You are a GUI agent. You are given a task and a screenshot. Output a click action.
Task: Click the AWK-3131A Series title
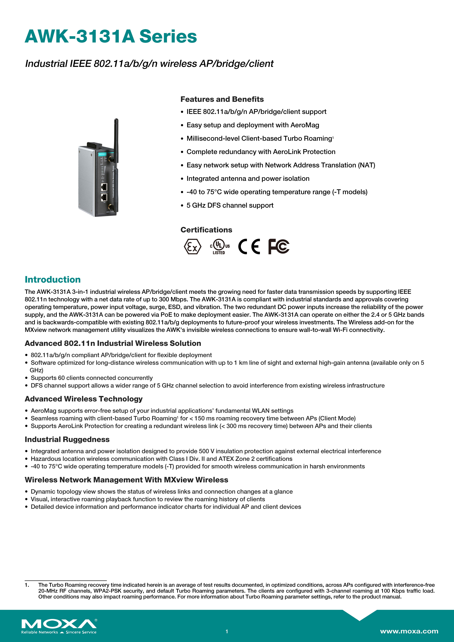111,37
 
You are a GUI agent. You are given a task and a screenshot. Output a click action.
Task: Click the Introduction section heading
53,279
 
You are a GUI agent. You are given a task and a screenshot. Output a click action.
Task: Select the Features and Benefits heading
222,99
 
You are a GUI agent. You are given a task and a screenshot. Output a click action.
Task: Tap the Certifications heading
206,230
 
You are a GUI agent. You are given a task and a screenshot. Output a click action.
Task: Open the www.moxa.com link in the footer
409,631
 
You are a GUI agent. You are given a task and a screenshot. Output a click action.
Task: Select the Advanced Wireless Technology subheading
84,399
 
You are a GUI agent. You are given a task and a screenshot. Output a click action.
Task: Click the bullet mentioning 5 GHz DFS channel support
230,205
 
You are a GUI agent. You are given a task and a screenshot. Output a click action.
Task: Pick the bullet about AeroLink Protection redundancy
261,152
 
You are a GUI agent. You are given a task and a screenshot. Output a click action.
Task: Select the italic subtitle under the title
149,64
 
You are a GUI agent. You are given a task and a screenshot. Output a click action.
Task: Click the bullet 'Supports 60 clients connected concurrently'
91,378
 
